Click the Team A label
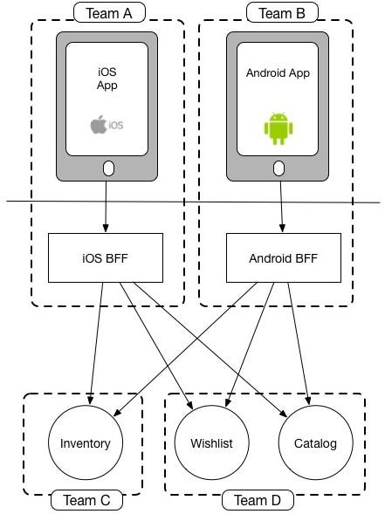pos(108,12)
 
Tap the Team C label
pos(86,501)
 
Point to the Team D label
pos(258,501)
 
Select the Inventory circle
pos(86,443)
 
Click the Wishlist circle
pos(211,443)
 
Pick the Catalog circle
pos(315,443)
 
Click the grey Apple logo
pos(99,125)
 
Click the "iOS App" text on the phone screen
pos(108,79)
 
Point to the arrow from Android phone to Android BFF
pos(280,205)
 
